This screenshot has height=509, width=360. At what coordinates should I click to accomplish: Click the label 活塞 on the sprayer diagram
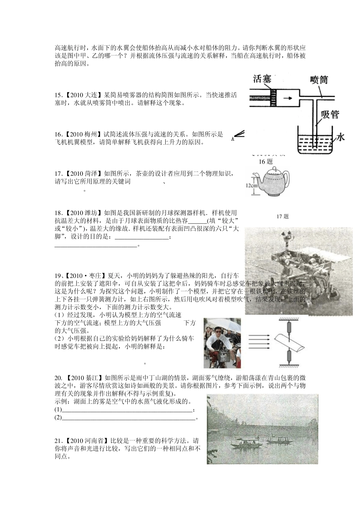(262, 80)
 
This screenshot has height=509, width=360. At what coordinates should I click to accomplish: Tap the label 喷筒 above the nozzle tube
(318, 80)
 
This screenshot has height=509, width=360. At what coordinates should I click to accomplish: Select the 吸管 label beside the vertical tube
(330, 114)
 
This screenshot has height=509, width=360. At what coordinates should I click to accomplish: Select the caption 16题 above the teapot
(266, 162)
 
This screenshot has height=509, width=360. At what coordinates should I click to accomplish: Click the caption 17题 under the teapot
(282, 216)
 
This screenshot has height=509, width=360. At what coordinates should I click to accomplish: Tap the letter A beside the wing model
(232, 139)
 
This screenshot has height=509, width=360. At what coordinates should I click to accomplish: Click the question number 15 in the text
(58, 95)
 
